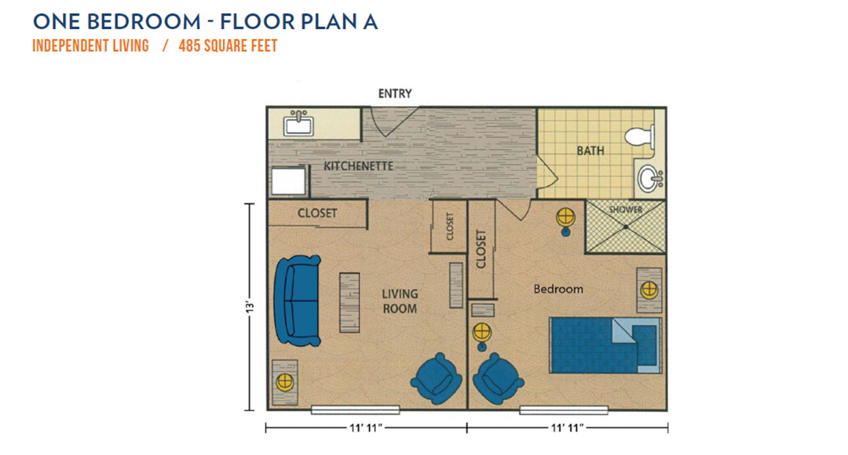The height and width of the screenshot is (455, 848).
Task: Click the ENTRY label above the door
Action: click(x=395, y=93)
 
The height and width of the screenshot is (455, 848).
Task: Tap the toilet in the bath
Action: click(x=640, y=136)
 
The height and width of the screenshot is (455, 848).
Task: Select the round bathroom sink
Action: click(x=649, y=178)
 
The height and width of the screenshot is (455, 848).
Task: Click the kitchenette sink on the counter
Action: click(x=298, y=124)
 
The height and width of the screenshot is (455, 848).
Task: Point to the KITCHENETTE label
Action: click(x=359, y=166)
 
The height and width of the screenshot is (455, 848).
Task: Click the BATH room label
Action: click(x=590, y=151)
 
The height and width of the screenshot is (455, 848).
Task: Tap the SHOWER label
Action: click(x=626, y=209)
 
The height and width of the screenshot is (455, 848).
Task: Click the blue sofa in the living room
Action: click(x=297, y=300)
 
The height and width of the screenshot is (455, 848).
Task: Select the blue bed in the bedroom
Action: click(x=605, y=344)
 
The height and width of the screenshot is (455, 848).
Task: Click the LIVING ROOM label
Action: click(x=400, y=301)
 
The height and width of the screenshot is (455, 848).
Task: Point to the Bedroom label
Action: click(x=558, y=289)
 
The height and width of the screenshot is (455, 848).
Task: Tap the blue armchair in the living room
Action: click(x=437, y=379)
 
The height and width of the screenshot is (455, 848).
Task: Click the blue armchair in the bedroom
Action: click(x=498, y=379)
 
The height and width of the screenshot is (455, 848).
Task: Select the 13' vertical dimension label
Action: click(x=250, y=307)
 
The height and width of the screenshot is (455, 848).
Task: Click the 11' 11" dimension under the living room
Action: click(x=366, y=428)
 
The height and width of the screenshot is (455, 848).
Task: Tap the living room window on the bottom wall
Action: click(x=356, y=410)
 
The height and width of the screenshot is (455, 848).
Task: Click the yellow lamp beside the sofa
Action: click(x=284, y=382)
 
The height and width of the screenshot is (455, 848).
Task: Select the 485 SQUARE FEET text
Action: click(x=228, y=46)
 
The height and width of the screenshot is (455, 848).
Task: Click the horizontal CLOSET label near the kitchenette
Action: click(x=317, y=213)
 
